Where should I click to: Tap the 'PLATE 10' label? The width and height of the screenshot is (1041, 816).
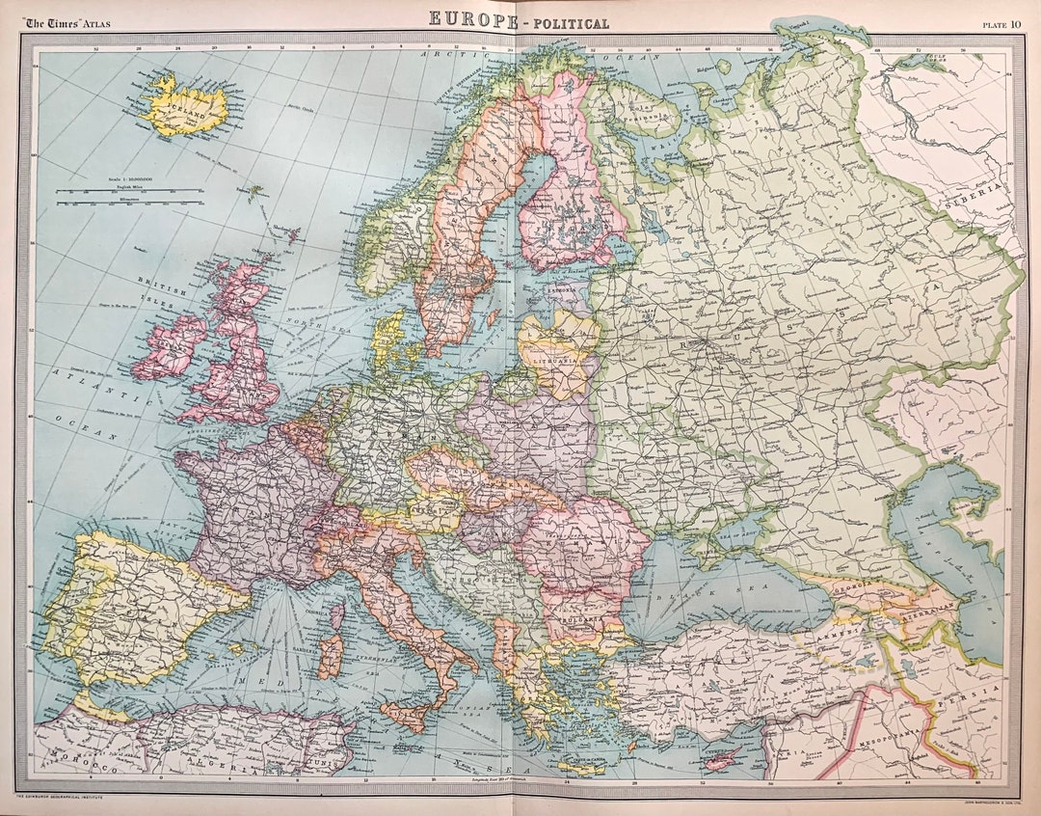pos(1001,24)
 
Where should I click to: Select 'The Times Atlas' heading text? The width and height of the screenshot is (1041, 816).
pos(68,23)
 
